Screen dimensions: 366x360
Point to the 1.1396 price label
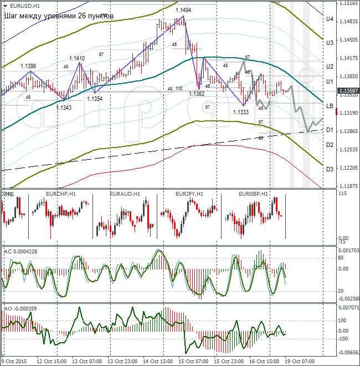(28, 66)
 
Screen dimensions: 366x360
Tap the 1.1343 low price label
(63, 107)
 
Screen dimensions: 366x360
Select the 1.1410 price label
(77, 58)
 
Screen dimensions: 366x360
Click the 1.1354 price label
(94, 98)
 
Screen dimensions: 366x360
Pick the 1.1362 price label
(197, 94)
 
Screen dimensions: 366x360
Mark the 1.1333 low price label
(240, 112)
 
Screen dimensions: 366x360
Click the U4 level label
(329, 19)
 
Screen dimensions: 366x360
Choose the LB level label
(329, 105)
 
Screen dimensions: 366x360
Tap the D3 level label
(329, 169)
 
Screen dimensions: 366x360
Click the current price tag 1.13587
(348, 90)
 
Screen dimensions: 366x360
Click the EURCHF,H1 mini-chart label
(61, 194)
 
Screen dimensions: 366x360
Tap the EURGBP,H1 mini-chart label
(253, 194)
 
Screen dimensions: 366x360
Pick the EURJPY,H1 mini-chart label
(189, 194)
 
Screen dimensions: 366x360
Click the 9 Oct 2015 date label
(14, 361)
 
